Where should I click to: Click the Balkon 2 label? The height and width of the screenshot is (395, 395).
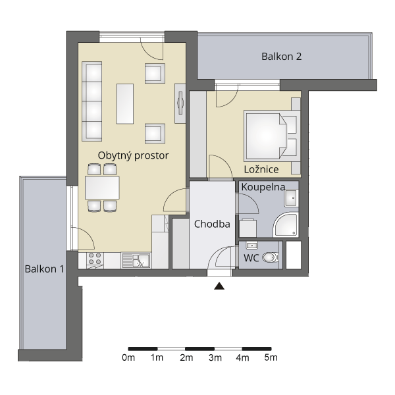[281, 57]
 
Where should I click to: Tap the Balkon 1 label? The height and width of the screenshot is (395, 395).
[44, 269]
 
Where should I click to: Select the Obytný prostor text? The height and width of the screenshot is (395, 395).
[133, 155]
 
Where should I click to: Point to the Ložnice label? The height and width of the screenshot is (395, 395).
[261, 169]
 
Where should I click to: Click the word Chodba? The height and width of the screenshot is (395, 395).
[212, 224]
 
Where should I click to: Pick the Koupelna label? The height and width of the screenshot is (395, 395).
[263, 187]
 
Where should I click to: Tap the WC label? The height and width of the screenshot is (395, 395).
[251, 258]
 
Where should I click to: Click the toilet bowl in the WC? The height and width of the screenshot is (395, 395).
[270, 257]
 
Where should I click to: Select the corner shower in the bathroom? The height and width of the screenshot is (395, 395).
[286, 224]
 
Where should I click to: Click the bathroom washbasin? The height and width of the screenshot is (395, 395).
[291, 198]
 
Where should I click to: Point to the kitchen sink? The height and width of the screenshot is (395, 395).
[136, 261]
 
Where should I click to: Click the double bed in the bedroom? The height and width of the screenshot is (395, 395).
[272, 136]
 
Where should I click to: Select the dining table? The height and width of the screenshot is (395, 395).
[102, 188]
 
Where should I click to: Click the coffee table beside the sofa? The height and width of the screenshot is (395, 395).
[124, 104]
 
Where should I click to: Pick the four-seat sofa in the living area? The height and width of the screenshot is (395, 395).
[92, 101]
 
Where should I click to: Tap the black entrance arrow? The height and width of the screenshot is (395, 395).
[219, 286]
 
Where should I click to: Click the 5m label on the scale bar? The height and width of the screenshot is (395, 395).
[271, 357]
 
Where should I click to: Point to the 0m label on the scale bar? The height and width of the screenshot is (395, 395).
[128, 357]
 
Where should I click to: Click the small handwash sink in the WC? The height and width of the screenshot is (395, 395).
[251, 245]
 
